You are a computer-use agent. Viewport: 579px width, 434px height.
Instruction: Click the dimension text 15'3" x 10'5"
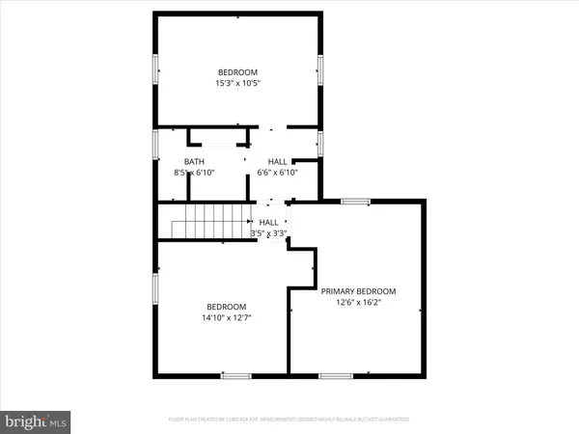237,84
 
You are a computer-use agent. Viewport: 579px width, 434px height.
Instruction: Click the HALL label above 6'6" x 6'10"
277,161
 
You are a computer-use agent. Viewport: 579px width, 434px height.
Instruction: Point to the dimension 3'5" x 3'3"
268,232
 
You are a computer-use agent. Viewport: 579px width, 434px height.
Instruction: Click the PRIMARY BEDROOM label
358,291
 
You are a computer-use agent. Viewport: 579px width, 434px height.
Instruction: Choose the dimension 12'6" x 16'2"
358,303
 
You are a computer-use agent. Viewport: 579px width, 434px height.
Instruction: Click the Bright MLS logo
36,420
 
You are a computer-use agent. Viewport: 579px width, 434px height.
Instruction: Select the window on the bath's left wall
157,144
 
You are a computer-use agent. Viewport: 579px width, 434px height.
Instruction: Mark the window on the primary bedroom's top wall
355,202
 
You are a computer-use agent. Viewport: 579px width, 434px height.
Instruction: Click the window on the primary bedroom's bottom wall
335,374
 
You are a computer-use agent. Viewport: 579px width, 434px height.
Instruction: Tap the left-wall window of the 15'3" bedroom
157,69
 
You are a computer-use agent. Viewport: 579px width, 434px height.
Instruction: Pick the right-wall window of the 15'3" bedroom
319,69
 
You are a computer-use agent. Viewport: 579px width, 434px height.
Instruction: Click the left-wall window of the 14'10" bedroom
157,286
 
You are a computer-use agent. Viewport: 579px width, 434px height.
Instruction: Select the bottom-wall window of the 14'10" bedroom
235,374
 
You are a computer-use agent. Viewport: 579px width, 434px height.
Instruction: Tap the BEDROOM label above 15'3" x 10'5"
237,72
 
